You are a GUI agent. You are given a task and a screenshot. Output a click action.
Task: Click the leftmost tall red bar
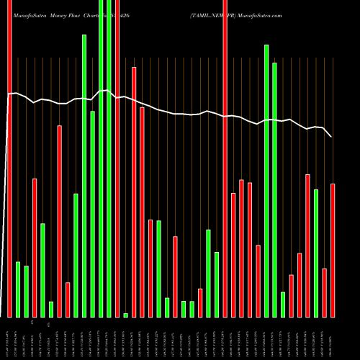coord(9,158)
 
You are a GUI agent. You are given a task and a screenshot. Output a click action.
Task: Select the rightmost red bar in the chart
coord(333,250)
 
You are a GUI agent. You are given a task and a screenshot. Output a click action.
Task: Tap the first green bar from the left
coord(18,289)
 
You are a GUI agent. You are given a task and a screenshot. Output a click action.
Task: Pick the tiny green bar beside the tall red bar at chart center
coord(125,315)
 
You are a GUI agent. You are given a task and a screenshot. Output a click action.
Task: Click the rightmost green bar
coord(316,253)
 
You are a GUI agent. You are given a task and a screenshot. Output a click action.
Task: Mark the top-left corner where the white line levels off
coord(9,94)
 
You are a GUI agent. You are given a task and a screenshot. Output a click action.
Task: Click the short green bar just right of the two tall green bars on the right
coord(283,304)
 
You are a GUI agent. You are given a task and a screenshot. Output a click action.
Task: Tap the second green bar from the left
coord(27,291)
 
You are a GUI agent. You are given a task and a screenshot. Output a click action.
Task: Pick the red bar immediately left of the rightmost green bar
coord(307,246)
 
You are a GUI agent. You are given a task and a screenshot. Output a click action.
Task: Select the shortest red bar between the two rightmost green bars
coord(291,295)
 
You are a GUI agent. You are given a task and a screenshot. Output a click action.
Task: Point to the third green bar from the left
coord(42,270)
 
